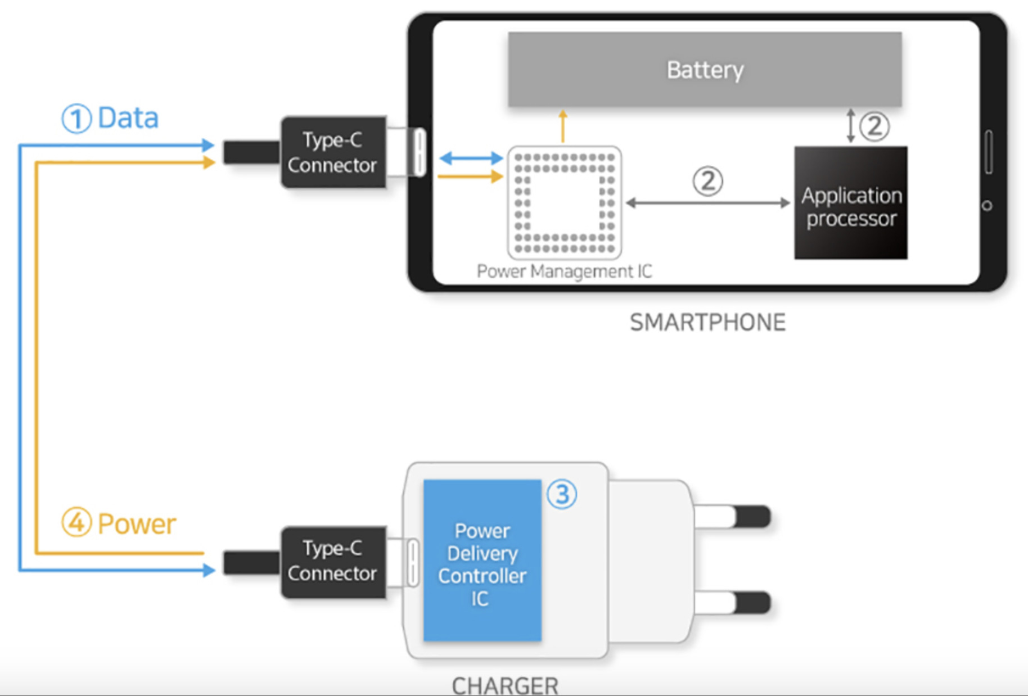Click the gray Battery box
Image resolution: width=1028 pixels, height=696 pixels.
[705, 70]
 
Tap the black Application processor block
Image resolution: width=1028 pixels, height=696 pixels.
[850, 203]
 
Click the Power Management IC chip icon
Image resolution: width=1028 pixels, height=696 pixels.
[564, 202]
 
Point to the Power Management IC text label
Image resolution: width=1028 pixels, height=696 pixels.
[564, 272]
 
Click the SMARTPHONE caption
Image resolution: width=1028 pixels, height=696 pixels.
[707, 323]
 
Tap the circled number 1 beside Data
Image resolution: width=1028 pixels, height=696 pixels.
[76, 119]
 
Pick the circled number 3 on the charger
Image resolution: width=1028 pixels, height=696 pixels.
[562, 494]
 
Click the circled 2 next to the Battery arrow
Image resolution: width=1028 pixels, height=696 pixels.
[874, 126]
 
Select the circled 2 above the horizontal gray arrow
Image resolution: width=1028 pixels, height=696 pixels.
[707, 181]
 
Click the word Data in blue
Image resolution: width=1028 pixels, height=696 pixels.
[128, 118]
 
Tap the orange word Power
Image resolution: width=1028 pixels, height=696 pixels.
[137, 524]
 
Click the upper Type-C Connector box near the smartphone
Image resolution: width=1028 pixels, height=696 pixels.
[333, 152]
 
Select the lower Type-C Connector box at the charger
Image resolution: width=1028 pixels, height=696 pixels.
[333, 562]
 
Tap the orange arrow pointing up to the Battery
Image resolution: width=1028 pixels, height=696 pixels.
[563, 126]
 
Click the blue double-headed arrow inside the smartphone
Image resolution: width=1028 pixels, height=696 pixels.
[471, 158]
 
